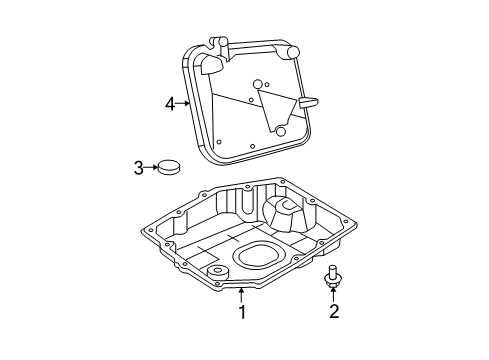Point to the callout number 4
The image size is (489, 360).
pos(170,101)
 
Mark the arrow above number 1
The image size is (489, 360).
pos(241,293)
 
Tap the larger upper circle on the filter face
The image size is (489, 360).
pos(258,84)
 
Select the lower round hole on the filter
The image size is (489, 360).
pos(281,131)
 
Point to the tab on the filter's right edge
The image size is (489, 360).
pos(309,102)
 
